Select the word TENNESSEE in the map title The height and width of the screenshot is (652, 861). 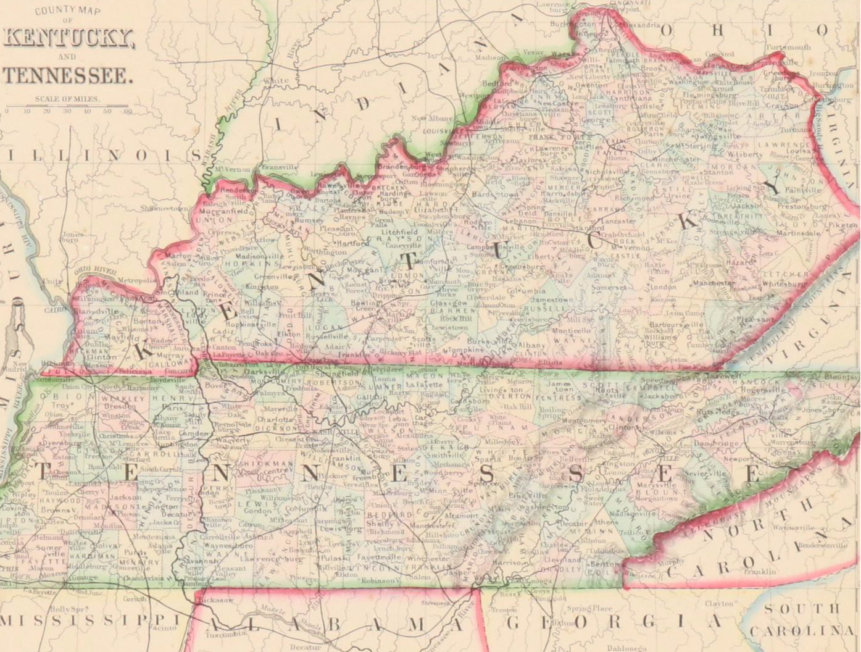pos(68,76)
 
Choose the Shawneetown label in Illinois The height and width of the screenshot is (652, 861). pos(164,209)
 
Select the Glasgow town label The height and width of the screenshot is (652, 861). pos(447,303)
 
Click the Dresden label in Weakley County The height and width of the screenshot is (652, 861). pos(116,407)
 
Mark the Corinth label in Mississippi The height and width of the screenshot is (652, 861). pos(135,599)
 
